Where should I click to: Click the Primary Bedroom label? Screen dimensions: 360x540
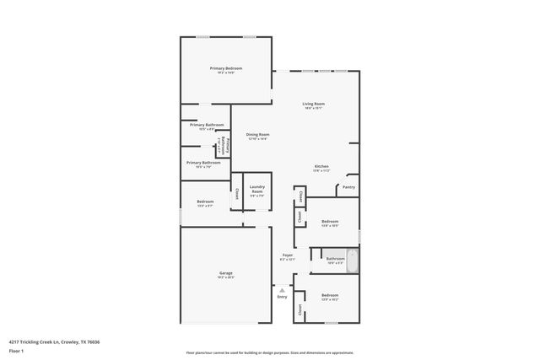(x=226, y=67)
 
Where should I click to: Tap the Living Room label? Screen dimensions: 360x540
(x=314, y=104)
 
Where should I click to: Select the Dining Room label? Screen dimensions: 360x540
(x=257, y=134)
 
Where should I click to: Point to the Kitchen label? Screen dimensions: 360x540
(x=321, y=166)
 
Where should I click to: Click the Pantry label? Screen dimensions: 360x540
(x=348, y=187)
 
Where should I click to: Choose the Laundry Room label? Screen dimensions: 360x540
(x=257, y=189)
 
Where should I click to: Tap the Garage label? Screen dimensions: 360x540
(x=226, y=272)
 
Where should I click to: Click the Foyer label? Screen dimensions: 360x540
(x=288, y=255)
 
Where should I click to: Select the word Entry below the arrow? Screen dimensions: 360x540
(x=282, y=297)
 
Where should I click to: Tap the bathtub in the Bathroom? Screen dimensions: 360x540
(x=354, y=261)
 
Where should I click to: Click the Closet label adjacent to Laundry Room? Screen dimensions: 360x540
(x=237, y=194)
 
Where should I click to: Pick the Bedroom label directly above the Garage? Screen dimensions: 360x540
(x=205, y=201)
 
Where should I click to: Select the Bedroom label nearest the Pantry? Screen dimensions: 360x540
(x=330, y=222)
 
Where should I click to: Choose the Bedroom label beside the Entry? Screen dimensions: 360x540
(x=329, y=295)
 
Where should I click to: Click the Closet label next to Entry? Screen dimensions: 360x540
(x=300, y=309)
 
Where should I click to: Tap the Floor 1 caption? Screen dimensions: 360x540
(x=16, y=350)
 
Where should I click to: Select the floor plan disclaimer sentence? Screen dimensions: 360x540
(x=269, y=352)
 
